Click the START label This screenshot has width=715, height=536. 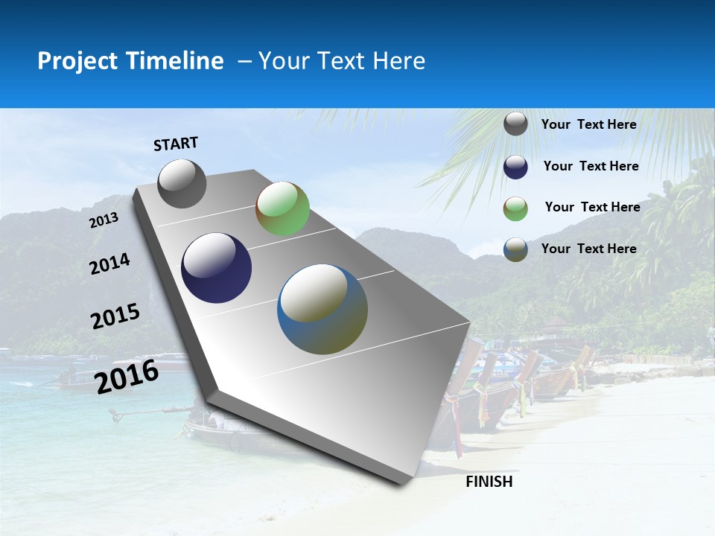[176, 144]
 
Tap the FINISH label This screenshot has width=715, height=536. [489, 482]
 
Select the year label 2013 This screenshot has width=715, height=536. [104, 220]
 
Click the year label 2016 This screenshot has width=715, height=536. [127, 376]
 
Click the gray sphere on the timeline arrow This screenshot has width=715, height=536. [182, 183]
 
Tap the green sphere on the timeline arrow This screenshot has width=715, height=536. [282, 208]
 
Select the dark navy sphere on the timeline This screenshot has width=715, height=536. [216, 268]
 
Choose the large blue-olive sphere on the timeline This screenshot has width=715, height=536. [322, 309]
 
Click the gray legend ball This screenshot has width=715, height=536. [515, 124]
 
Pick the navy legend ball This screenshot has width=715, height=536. [515, 167]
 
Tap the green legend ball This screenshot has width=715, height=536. [515, 208]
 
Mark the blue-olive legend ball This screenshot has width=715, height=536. [515, 249]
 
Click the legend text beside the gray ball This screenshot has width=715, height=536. [588, 124]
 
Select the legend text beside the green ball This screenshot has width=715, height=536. [592, 207]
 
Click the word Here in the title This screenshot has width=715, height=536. [399, 61]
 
